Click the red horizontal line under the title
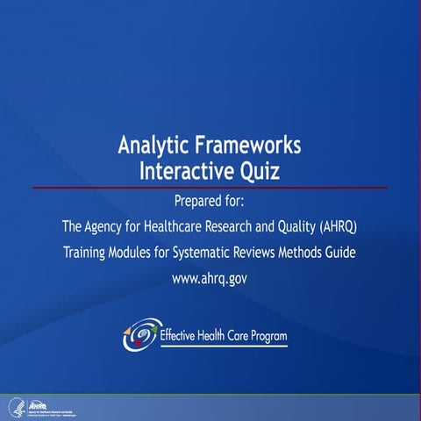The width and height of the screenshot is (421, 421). [210, 188]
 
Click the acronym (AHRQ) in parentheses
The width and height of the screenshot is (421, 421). [333, 227]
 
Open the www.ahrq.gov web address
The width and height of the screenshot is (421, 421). [210, 280]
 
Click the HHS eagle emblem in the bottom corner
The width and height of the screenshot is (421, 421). [14, 406]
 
